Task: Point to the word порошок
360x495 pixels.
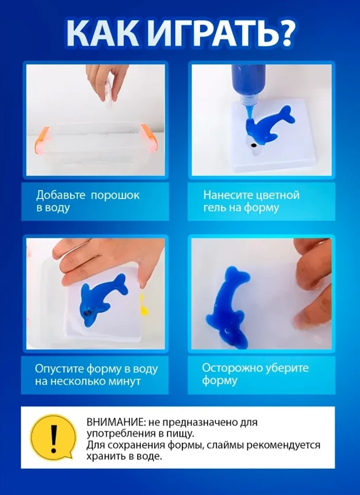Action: coord(115,196)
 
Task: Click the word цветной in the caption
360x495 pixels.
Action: coord(278,196)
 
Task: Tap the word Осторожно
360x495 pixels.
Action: coord(233,368)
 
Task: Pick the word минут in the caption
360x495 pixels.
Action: coord(124,381)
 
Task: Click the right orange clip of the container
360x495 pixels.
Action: coord(149,138)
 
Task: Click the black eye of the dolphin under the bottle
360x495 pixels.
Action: coord(253,146)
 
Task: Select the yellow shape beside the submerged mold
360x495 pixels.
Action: coord(144,304)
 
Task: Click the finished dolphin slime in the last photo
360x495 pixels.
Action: coord(227,305)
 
